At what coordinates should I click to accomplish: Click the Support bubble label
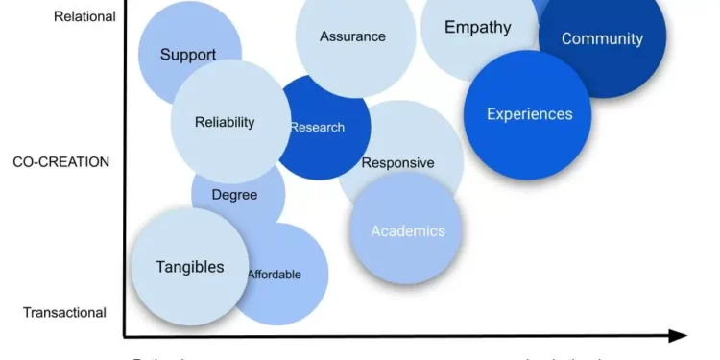tap(188, 55)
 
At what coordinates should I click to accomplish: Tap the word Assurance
tap(352, 36)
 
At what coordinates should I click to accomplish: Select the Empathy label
tap(477, 27)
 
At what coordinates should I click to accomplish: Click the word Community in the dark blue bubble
tap(602, 39)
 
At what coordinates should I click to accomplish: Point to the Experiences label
tap(529, 114)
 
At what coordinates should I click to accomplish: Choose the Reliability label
tap(225, 122)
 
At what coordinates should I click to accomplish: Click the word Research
tap(317, 127)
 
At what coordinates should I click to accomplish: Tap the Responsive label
tap(397, 163)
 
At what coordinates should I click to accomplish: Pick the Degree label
tap(234, 195)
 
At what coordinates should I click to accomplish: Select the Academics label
tap(407, 231)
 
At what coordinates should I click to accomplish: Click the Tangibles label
tap(190, 267)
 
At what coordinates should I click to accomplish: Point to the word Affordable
tap(274, 275)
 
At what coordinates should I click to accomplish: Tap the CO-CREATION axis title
tap(61, 162)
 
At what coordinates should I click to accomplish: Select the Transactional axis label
tap(64, 312)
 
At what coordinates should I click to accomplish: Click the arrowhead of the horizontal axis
tap(679, 336)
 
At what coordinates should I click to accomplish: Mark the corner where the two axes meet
tap(124, 336)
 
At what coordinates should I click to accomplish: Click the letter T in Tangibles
tap(161, 267)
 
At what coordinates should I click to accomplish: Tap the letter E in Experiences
tap(492, 114)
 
